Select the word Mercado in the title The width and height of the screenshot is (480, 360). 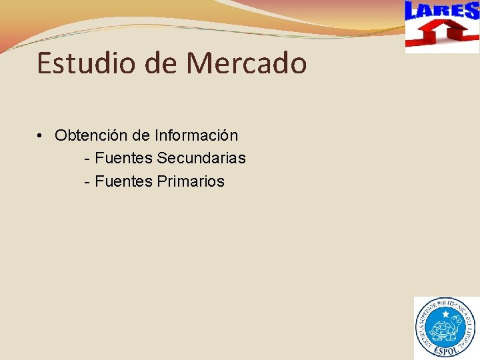[x=247, y=63]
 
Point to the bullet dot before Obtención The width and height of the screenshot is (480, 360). [x=41, y=136]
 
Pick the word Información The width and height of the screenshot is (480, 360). [x=196, y=135]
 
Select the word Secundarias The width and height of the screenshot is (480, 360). [x=201, y=158]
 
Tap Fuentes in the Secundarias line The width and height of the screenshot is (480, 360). [x=124, y=158]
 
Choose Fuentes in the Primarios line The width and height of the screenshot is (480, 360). [x=124, y=181]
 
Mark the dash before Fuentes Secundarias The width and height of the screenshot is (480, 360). [x=87, y=159]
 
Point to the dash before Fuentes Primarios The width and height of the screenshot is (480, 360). [x=87, y=181]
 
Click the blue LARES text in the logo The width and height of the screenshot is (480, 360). [x=442, y=11]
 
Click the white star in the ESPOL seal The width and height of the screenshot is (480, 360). [x=445, y=314]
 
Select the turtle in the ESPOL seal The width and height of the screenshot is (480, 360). [x=445, y=329]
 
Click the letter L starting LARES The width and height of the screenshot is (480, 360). [x=413, y=11]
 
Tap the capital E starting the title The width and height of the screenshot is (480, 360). [x=45, y=63]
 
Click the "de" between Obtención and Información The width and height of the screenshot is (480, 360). [x=141, y=135]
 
